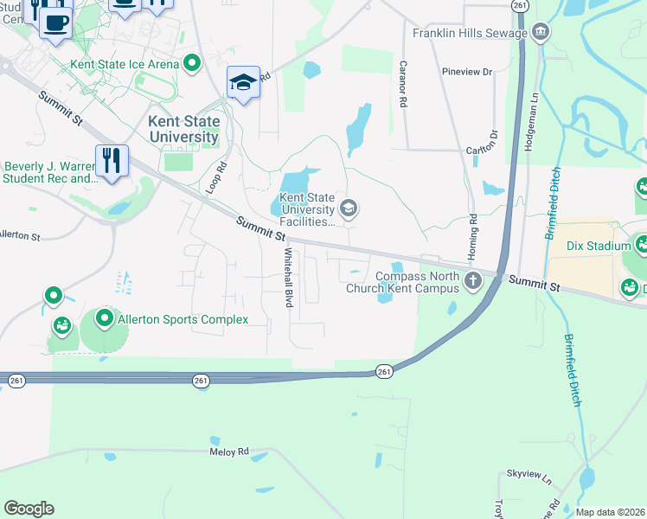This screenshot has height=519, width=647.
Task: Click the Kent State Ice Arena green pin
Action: (x=192, y=63)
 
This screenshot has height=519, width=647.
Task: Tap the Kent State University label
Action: (x=183, y=129)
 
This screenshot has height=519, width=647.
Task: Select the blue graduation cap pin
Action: (x=244, y=83)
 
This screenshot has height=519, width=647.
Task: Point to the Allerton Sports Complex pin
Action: (x=105, y=319)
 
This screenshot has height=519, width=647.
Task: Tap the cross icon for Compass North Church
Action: (x=472, y=280)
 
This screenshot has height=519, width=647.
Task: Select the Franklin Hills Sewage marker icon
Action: (x=541, y=33)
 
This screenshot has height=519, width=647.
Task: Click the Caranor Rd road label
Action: (x=403, y=84)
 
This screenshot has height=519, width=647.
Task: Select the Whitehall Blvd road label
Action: (x=288, y=279)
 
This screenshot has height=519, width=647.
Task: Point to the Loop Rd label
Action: (x=217, y=177)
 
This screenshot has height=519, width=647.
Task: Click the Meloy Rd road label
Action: (x=229, y=452)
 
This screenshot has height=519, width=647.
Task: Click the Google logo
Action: (x=29, y=509)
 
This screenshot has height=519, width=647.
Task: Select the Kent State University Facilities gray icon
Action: (x=349, y=208)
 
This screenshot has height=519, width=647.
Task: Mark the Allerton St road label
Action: (x=19, y=235)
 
